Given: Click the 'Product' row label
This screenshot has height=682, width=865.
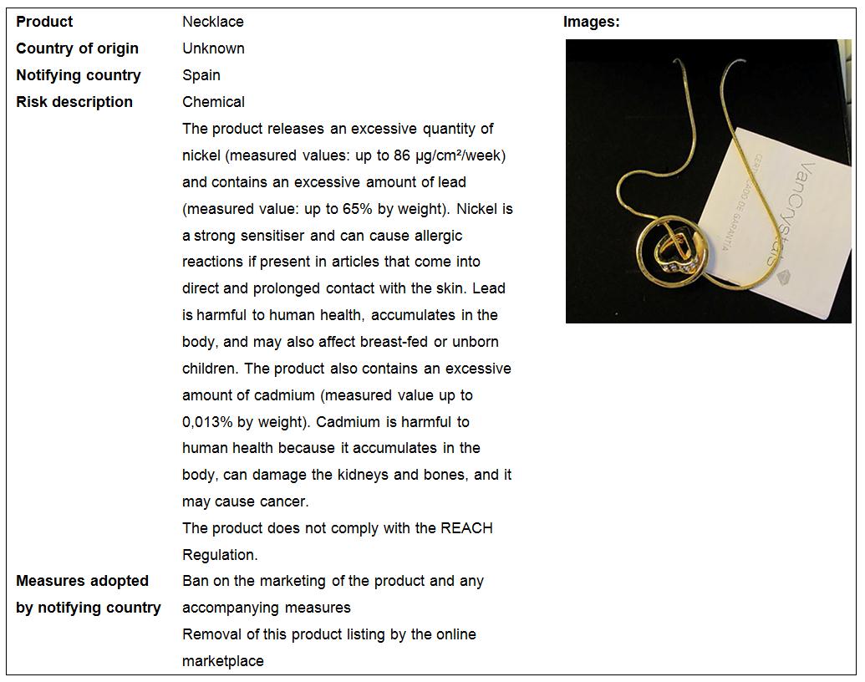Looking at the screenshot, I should click(44, 22).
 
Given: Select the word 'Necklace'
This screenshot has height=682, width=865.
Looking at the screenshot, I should click(213, 22).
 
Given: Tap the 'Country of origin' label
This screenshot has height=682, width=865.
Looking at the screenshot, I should click(77, 48).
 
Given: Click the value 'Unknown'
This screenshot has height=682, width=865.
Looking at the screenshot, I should click(213, 48).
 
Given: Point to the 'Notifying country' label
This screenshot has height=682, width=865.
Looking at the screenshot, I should click(79, 75).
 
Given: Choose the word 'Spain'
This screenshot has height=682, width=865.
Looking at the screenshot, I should click(201, 75).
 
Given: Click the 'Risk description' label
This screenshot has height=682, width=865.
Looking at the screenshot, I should click(74, 102).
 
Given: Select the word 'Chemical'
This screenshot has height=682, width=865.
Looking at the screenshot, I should click(213, 102).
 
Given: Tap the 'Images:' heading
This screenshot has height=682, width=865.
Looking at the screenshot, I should click(591, 23).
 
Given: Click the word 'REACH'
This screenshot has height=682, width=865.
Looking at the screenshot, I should click(466, 528).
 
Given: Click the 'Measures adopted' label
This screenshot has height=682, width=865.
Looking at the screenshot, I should click(82, 581).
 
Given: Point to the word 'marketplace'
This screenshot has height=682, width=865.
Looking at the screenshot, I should click(223, 661).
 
